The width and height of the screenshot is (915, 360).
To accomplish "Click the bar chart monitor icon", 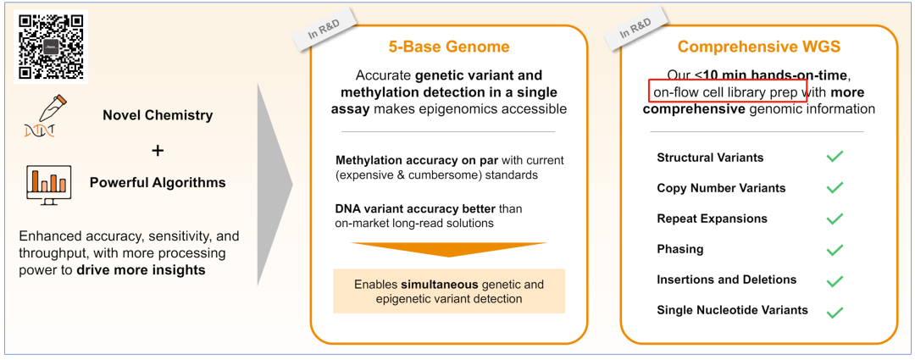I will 47,183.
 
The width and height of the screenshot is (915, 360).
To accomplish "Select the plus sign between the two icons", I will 158,150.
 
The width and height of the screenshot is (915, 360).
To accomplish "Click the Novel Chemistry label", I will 158,115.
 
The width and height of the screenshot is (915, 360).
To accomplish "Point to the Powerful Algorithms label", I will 158,182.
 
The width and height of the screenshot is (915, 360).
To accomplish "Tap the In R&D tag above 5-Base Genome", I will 324,32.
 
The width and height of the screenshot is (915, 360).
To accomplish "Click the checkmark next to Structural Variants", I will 835,157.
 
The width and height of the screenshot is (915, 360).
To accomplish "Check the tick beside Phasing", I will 835,250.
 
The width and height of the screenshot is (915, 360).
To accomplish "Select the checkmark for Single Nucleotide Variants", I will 835,312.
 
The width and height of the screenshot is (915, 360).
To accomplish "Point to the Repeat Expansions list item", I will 712,219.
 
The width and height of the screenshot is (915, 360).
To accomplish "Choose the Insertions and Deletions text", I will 726,280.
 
